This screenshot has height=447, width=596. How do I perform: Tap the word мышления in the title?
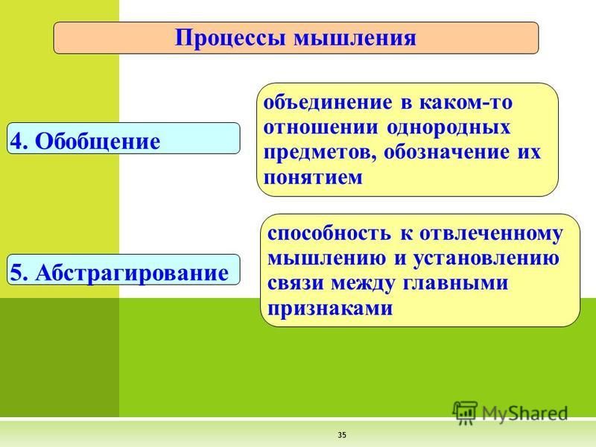[355, 38]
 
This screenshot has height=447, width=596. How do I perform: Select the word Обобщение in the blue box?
[98, 142]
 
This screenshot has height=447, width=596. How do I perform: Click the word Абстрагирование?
[132, 273]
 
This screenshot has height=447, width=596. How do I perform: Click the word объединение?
[328, 103]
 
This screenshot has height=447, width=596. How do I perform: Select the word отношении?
[321, 127]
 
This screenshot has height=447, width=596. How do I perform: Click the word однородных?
[448, 127]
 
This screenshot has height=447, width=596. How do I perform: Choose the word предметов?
[320, 153]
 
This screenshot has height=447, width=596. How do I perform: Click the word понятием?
[313, 178]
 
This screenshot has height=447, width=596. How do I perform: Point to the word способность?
[329, 232]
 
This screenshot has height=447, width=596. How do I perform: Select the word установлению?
[486, 259]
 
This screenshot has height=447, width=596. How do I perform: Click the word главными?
[455, 284]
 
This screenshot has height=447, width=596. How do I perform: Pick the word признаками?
[330, 308]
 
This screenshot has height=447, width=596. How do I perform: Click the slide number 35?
[342, 435]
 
